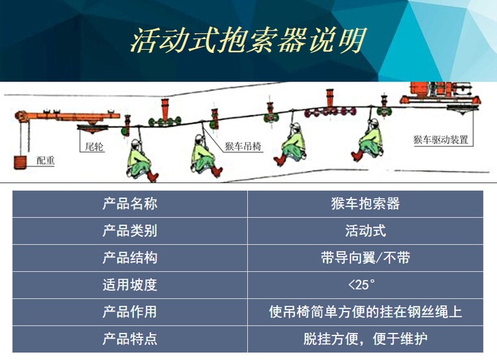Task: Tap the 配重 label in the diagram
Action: pyautogui.click(x=45, y=160)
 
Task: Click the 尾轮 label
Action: pyautogui.click(x=94, y=147)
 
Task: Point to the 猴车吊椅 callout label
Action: pyautogui.click(x=243, y=147)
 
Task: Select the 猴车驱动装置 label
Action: pyautogui.click(x=441, y=140)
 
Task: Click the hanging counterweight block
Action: pyautogui.click(x=21, y=162)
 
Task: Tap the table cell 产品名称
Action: pyautogui.click(x=130, y=204)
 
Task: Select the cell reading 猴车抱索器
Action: pyautogui.click(x=365, y=204)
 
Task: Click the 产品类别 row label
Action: pyautogui.click(x=130, y=231)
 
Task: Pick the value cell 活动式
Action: pyautogui.click(x=365, y=231)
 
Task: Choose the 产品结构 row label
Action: pyautogui.click(x=130, y=257)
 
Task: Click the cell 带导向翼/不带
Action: pyautogui.click(x=365, y=257)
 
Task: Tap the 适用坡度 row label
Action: pyautogui.click(x=130, y=285)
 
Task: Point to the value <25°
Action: pyautogui.click(x=361, y=285)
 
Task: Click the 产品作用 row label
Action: pyautogui.click(x=130, y=312)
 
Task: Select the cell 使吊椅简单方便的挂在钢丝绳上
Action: pyautogui.click(x=365, y=312)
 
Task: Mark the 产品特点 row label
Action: pyautogui.click(x=130, y=339)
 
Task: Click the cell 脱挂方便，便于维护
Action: pyautogui.click(x=365, y=339)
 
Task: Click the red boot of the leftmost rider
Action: pyautogui.click(x=153, y=176)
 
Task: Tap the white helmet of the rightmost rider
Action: pyautogui.click(x=374, y=122)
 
